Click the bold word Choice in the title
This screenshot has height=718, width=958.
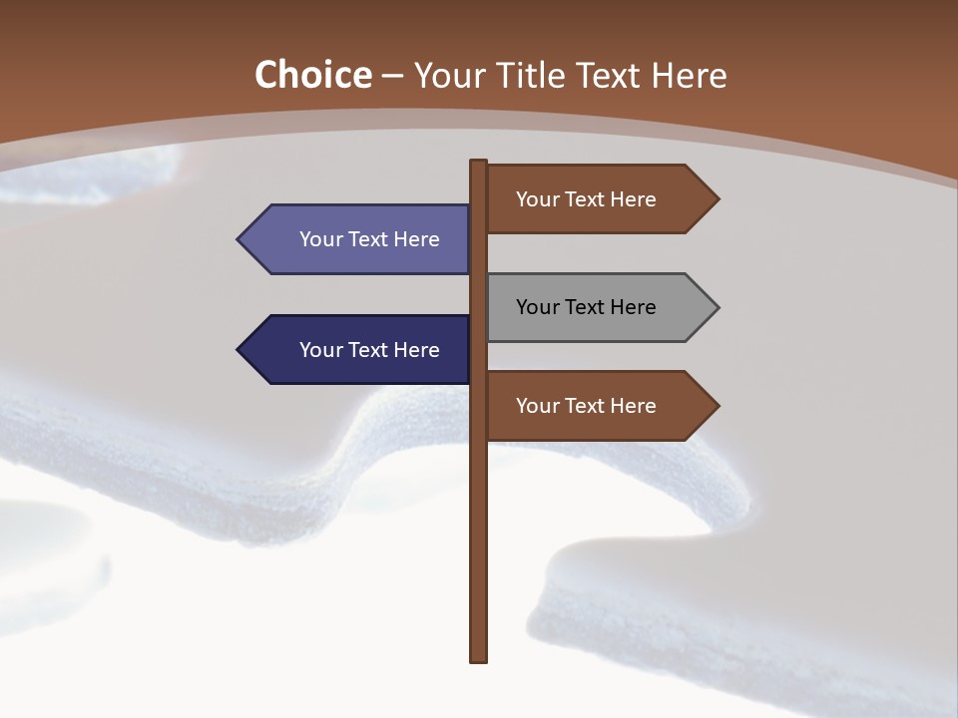312,75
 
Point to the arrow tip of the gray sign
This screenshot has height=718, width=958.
717,307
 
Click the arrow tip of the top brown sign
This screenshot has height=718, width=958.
717,199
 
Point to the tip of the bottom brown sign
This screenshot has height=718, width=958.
717,406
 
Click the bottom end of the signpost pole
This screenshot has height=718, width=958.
478,657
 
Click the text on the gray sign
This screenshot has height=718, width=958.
586,307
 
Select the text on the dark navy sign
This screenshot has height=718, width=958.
369,350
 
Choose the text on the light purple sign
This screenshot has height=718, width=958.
369,239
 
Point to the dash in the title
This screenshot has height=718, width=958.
392,76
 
